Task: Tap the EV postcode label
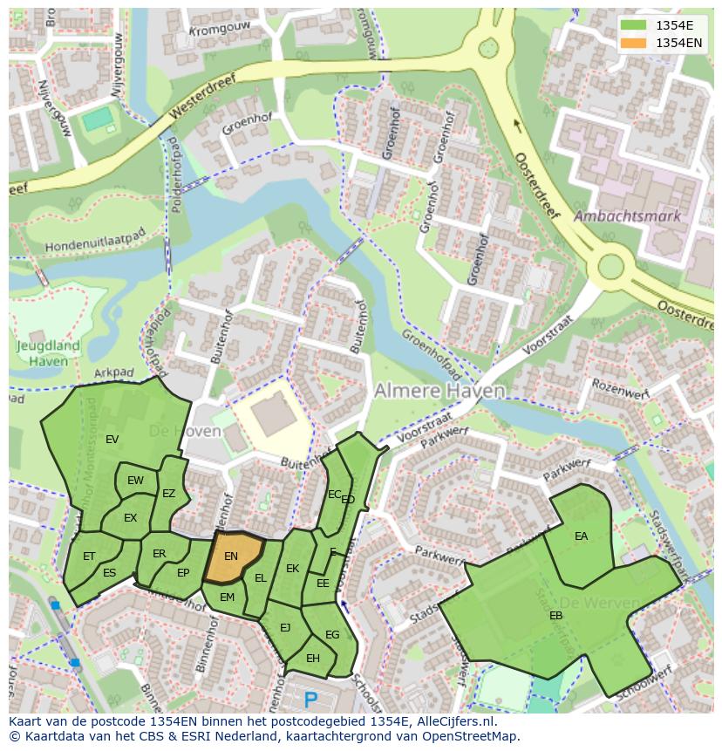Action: click(112, 440)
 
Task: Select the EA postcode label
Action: click(581, 536)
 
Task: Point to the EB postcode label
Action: click(555, 615)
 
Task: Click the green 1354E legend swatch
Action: click(633, 24)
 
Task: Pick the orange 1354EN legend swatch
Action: click(633, 42)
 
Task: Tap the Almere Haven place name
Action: click(439, 391)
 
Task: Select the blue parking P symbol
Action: click(311, 699)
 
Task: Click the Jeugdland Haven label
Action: click(48, 352)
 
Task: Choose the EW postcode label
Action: click(135, 481)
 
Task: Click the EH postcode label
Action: click(312, 658)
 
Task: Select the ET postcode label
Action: click(89, 556)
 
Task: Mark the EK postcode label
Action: click(292, 569)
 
